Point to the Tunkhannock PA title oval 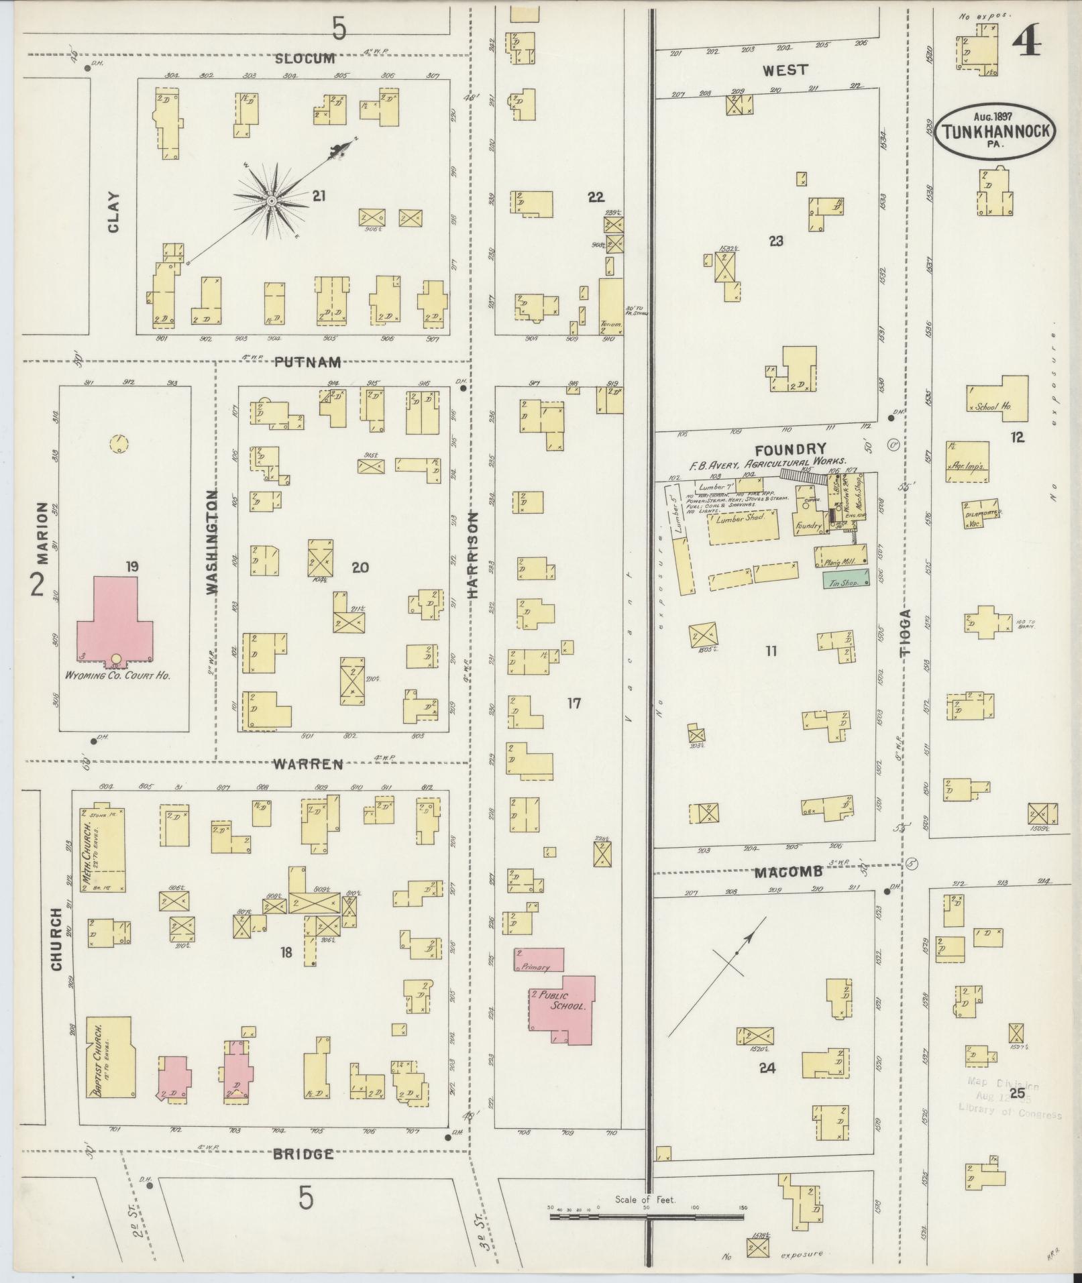(994, 131)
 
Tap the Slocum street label (305, 59)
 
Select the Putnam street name (308, 362)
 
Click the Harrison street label (472, 555)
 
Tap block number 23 (776, 241)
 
